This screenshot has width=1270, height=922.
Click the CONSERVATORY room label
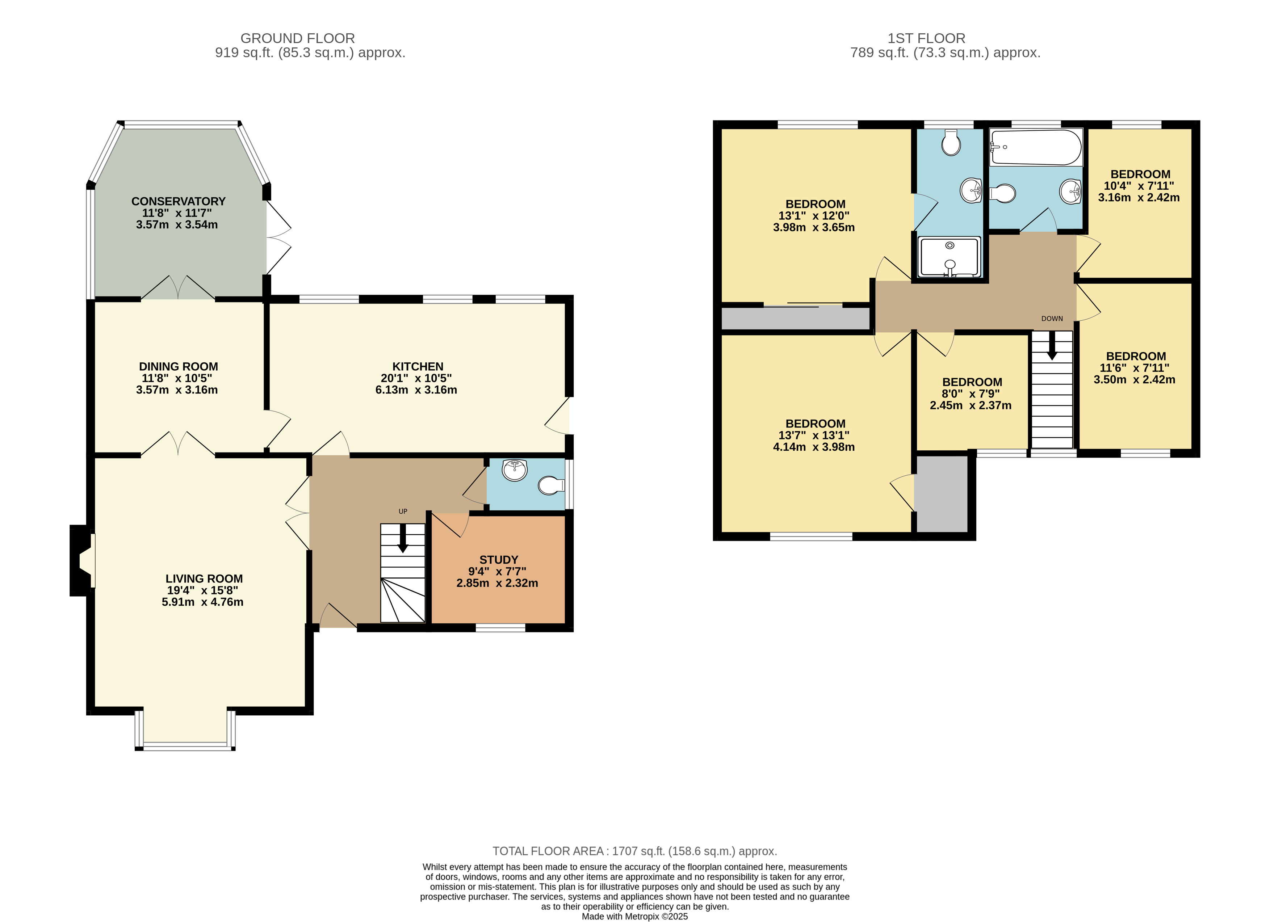coord(178,201)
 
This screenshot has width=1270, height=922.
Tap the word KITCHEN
coord(418,366)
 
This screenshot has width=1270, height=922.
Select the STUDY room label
coord(498,559)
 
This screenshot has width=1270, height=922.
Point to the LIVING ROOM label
coord(204,578)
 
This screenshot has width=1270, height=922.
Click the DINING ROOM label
coord(178,366)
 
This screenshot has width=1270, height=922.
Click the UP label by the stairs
coord(403,511)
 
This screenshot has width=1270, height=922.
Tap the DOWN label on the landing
coord(1052,319)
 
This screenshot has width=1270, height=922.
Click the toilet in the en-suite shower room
coord(951,142)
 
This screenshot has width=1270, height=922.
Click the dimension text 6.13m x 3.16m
coord(416,390)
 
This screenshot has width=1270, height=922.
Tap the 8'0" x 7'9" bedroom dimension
coord(971,393)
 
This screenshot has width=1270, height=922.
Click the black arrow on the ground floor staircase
coord(403,538)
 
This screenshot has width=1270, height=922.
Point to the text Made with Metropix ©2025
coord(634,917)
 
